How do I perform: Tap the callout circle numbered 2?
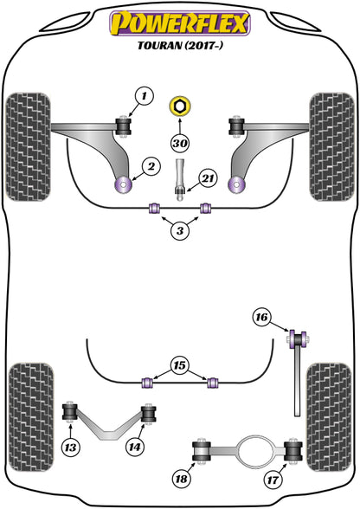point(150,165)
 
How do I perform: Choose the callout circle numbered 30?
point(179,144)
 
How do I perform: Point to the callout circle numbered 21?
point(207,178)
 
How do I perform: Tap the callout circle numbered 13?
point(69,448)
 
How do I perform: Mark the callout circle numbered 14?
point(134,448)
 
